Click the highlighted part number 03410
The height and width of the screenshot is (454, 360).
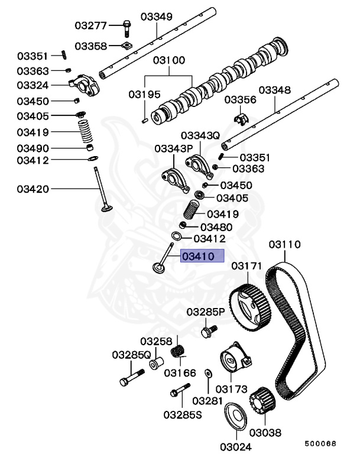coord(203,256)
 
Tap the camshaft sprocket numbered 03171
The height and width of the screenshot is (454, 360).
coord(249,304)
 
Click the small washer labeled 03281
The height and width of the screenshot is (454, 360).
coord(208,374)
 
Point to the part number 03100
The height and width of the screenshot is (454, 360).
coord(169,60)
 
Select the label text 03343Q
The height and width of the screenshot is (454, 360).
coord(200,135)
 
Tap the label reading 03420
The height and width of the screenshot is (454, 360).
coord(33,189)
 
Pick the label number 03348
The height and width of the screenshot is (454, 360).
coord(275,90)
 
